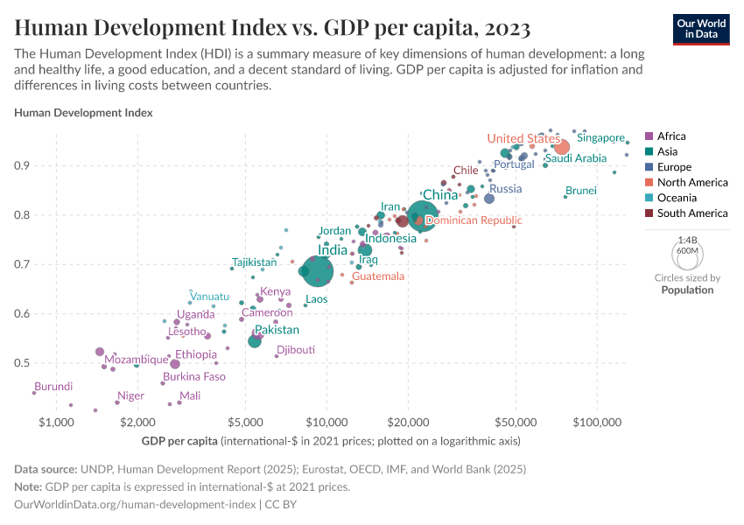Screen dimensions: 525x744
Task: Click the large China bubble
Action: click(424, 214)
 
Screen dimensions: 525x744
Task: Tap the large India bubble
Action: click(316, 269)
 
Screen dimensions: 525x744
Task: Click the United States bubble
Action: click(562, 147)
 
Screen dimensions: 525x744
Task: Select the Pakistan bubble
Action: click(255, 341)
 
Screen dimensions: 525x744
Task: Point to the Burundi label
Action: click(53, 387)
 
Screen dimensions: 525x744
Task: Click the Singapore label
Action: click(600, 138)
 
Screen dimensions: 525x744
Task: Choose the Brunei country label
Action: click(581, 191)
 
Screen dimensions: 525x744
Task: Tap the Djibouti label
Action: click(296, 350)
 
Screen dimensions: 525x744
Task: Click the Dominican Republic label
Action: click(473, 221)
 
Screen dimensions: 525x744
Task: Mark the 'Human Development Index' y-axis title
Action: click(84, 113)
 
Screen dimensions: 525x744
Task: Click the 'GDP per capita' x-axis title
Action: click(179, 440)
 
